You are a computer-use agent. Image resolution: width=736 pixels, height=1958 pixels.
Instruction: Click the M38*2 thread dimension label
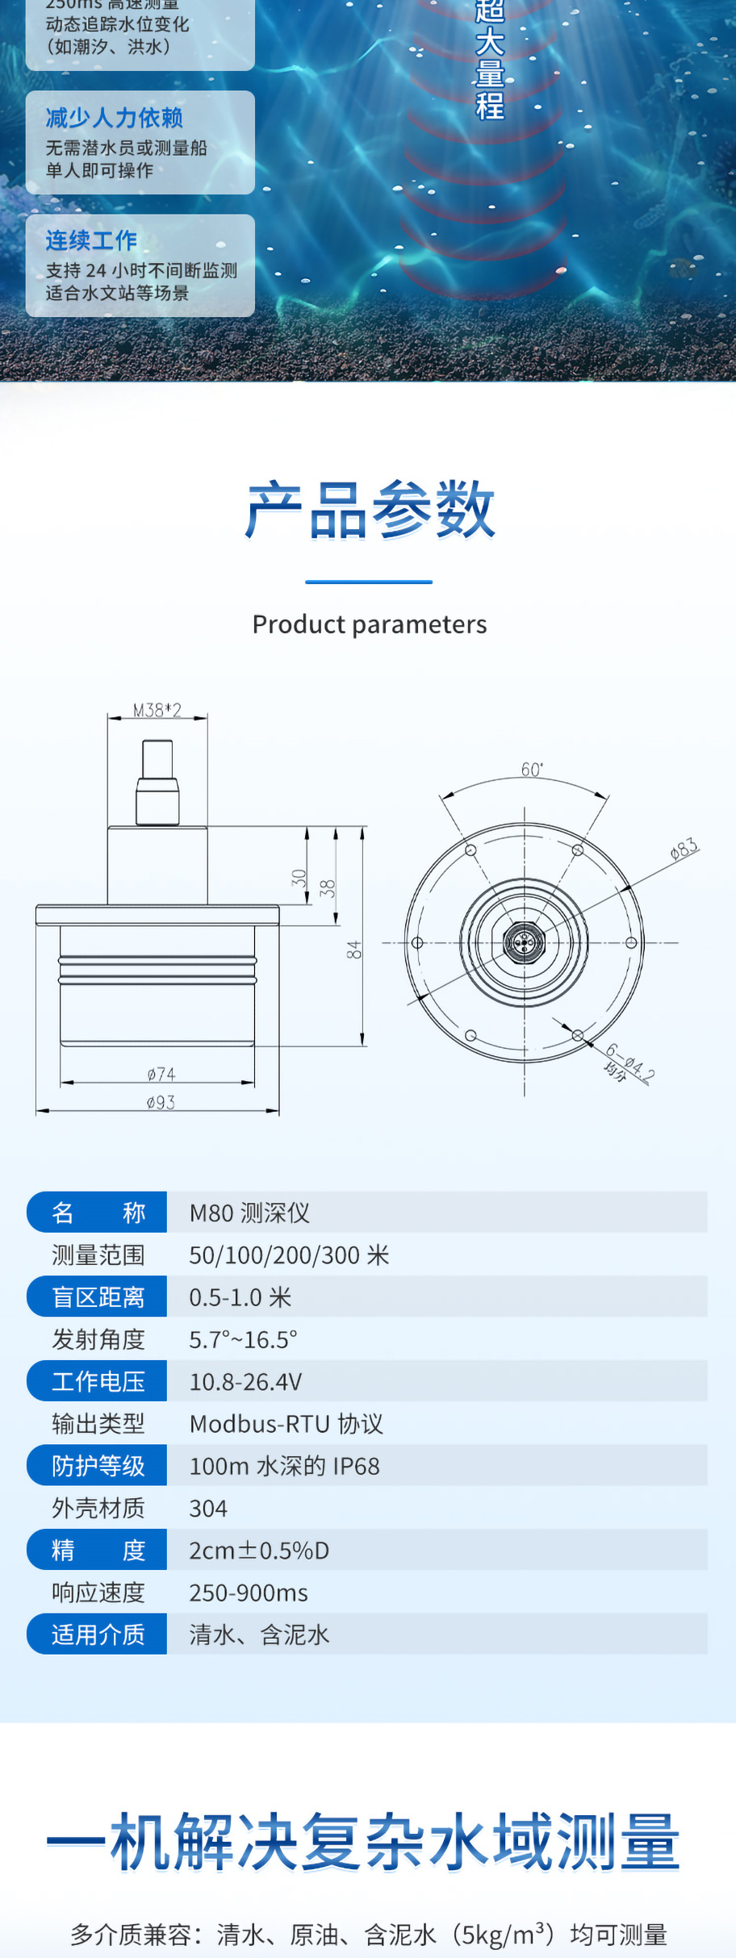tap(157, 710)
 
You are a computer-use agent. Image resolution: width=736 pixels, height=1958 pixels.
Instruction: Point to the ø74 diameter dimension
tap(161, 1074)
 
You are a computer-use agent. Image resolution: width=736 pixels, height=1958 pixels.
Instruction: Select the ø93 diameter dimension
tap(161, 1102)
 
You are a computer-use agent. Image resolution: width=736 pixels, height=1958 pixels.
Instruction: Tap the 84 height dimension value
tap(353, 950)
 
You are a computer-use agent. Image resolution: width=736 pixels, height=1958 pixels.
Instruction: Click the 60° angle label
tap(532, 770)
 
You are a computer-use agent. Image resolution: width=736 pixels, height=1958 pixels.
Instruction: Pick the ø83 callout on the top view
tap(684, 849)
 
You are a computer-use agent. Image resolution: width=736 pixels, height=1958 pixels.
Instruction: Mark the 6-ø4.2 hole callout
tap(630, 1062)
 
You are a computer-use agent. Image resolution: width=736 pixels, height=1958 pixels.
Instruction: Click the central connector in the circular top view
tap(524, 941)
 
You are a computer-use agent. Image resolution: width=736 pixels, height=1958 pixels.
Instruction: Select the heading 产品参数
tap(370, 509)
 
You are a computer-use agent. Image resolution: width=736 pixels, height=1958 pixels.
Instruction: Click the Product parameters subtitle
tap(370, 624)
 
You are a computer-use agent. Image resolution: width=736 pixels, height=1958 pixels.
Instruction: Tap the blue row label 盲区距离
tap(98, 1296)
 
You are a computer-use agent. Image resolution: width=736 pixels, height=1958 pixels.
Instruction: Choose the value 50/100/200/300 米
tap(289, 1255)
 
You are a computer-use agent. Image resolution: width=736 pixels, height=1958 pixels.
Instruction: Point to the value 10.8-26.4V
tap(245, 1381)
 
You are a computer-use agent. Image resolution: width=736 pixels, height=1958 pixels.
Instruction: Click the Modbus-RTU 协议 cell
tap(286, 1423)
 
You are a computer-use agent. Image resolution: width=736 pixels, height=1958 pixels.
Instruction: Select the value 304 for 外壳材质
tap(208, 1508)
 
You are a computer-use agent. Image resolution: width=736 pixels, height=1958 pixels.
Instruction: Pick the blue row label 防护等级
tap(98, 1465)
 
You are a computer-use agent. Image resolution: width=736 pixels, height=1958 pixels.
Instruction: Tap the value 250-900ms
tap(249, 1593)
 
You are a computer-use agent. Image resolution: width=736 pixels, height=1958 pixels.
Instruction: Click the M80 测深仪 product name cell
tap(249, 1213)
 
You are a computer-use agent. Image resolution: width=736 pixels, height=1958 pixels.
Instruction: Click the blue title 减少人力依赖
tap(115, 118)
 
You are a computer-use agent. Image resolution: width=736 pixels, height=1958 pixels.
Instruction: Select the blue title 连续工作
tap(91, 240)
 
